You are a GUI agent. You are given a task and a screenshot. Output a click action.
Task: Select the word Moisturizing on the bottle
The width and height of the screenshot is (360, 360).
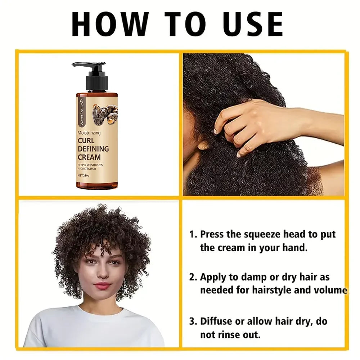(89, 133)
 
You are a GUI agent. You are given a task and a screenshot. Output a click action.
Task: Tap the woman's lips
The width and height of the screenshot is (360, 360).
(103, 286)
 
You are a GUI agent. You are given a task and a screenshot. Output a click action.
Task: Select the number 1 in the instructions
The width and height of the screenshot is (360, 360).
(192, 234)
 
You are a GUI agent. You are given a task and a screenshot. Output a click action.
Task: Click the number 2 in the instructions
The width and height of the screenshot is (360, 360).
(192, 277)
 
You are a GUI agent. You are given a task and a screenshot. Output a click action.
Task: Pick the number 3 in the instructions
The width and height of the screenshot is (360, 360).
(192, 321)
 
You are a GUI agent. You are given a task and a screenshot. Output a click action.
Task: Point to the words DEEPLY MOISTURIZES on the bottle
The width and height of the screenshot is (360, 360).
(90, 165)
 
